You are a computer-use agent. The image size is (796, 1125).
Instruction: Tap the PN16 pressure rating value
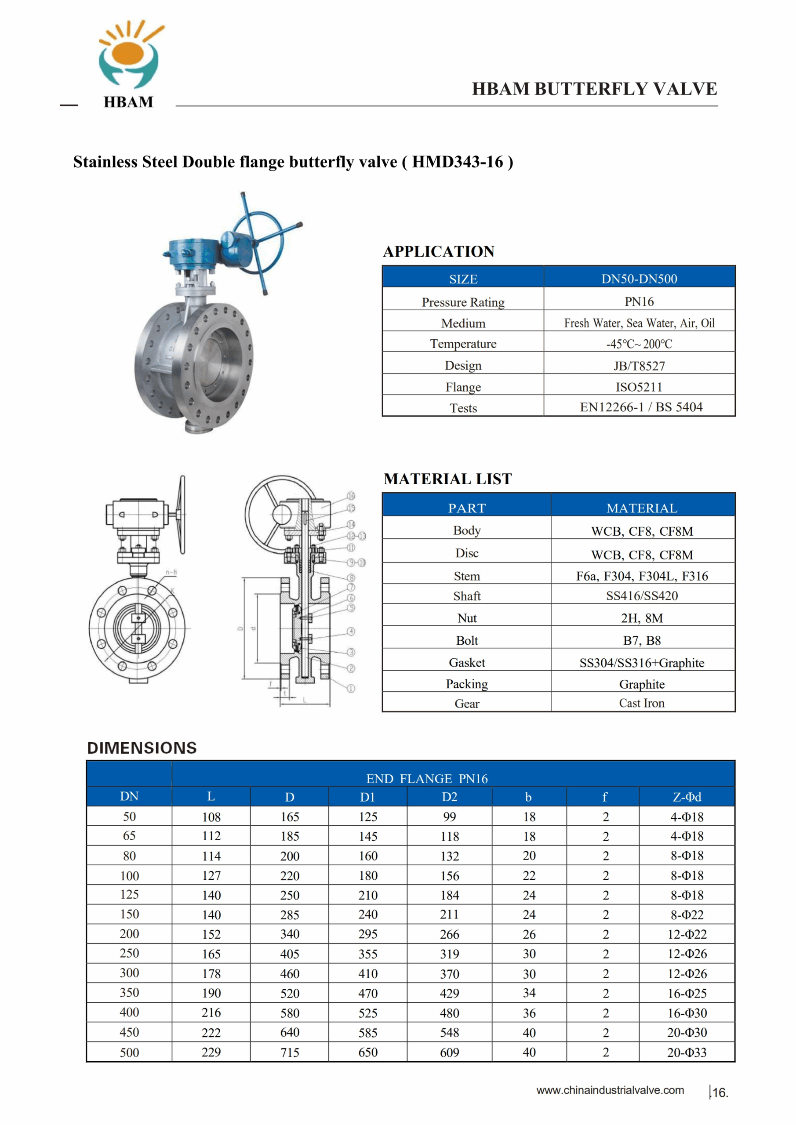(x=639, y=301)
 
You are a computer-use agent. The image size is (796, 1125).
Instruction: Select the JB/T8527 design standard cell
(x=639, y=366)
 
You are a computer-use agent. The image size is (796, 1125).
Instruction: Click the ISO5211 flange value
(x=639, y=387)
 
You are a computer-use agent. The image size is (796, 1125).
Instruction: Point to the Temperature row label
(x=463, y=344)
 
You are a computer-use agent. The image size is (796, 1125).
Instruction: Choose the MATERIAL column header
(x=642, y=508)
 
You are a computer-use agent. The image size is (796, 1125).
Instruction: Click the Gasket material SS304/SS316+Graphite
(x=642, y=662)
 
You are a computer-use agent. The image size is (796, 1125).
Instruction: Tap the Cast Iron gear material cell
(x=642, y=703)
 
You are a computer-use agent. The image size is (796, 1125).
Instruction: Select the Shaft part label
(x=467, y=596)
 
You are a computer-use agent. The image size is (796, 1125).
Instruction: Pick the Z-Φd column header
(x=687, y=797)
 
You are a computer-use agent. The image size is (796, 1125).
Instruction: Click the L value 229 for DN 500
(x=211, y=1052)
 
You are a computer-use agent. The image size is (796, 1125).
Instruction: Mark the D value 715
(x=290, y=1052)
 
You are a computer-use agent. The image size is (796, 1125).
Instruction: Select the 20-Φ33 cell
(x=687, y=1052)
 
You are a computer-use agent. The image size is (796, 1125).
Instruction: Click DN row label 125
(x=129, y=894)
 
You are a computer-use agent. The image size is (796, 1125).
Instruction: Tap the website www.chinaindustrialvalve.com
(x=610, y=1090)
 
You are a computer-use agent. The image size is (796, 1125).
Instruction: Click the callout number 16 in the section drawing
(x=351, y=496)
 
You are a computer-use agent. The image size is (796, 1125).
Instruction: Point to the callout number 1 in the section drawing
(x=351, y=689)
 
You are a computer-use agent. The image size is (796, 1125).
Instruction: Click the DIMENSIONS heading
(x=142, y=748)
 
